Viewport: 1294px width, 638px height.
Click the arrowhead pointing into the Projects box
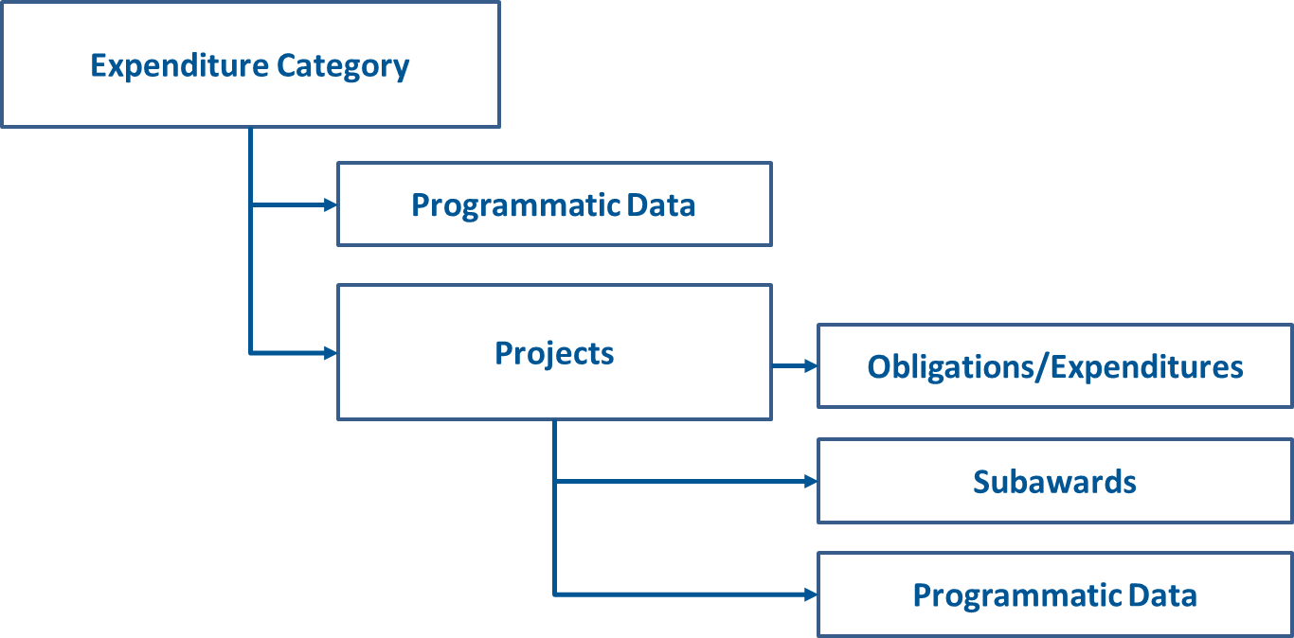click(331, 353)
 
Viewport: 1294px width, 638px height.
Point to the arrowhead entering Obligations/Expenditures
click(811, 365)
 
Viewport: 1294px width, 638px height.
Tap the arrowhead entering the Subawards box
click(811, 481)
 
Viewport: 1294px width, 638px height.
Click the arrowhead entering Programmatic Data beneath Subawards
click(811, 594)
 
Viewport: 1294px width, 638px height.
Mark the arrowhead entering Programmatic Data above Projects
click(331, 204)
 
